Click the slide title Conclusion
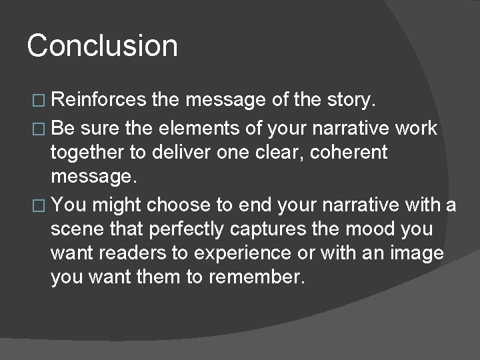click(103, 46)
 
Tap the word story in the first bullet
click(353, 101)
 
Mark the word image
click(414, 254)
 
